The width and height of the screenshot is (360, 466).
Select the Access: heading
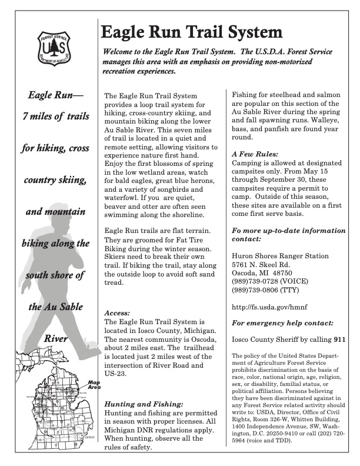point(118,314)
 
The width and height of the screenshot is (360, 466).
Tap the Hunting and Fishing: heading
point(144,404)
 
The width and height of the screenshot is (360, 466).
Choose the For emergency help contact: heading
point(283,323)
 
